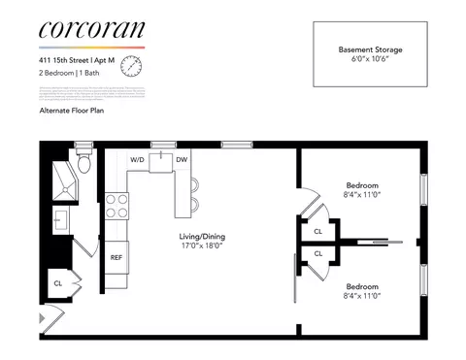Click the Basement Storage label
370,49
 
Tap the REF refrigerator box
116,257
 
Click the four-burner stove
116,206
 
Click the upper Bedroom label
362,185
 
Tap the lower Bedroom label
362,286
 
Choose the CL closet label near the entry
58,283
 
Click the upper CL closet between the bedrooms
318,231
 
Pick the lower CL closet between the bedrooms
318,253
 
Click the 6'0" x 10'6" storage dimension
370,59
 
